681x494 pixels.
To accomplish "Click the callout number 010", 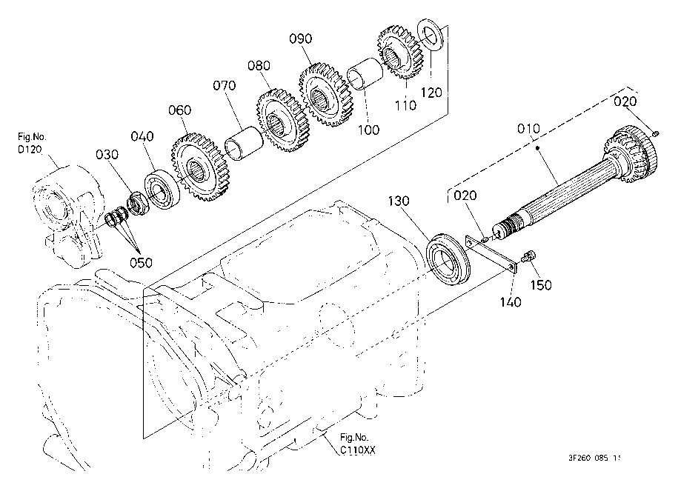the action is pos(528,128).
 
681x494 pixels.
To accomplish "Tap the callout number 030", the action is pos(107,155).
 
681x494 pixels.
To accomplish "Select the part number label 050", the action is pos(141,263).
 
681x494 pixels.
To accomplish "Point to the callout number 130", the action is pos(399,201).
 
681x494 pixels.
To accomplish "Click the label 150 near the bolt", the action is pos(541,284).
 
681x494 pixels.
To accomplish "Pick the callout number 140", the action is pos(510,301).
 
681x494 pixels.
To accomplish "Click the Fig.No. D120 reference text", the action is pos(31,143).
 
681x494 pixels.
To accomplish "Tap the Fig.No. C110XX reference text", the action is pos(356,444).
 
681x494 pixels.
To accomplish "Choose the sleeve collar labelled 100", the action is pos(365,73).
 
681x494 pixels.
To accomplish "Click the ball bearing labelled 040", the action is pos(162,190).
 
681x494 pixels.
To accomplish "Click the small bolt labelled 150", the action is pos(529,256).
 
